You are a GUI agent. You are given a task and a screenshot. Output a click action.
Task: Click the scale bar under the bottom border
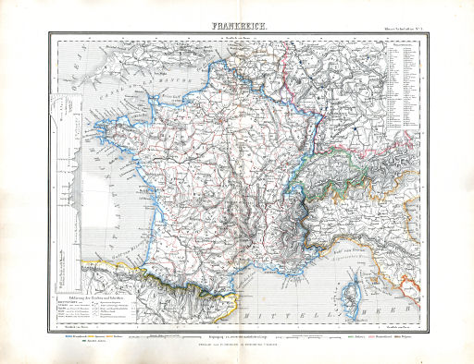(x=237, y=338)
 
